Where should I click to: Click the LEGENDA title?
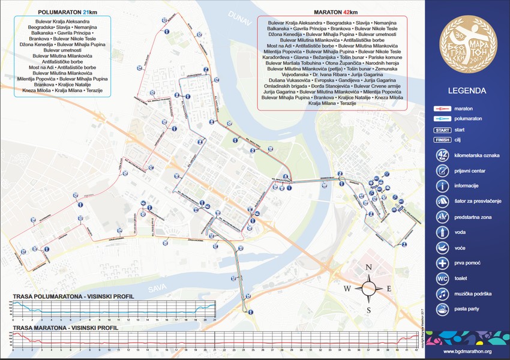coord(467,92)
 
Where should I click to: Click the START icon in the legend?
coord(442,130)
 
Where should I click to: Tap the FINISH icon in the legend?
coord(442,140)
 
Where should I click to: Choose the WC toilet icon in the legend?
coord(442,278)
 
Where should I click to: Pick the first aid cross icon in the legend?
coord(442,263)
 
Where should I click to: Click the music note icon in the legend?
coord(442,294)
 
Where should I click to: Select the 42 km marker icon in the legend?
coord(442,155)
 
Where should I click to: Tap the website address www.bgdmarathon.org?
coord(467,351)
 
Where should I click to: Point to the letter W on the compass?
coord(347,289)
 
